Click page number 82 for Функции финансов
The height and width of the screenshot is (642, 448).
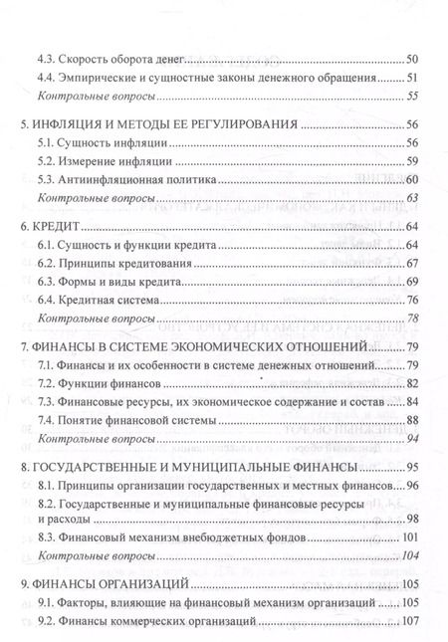(x=415, y=385)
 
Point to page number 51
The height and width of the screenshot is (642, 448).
(x=415, y=79)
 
